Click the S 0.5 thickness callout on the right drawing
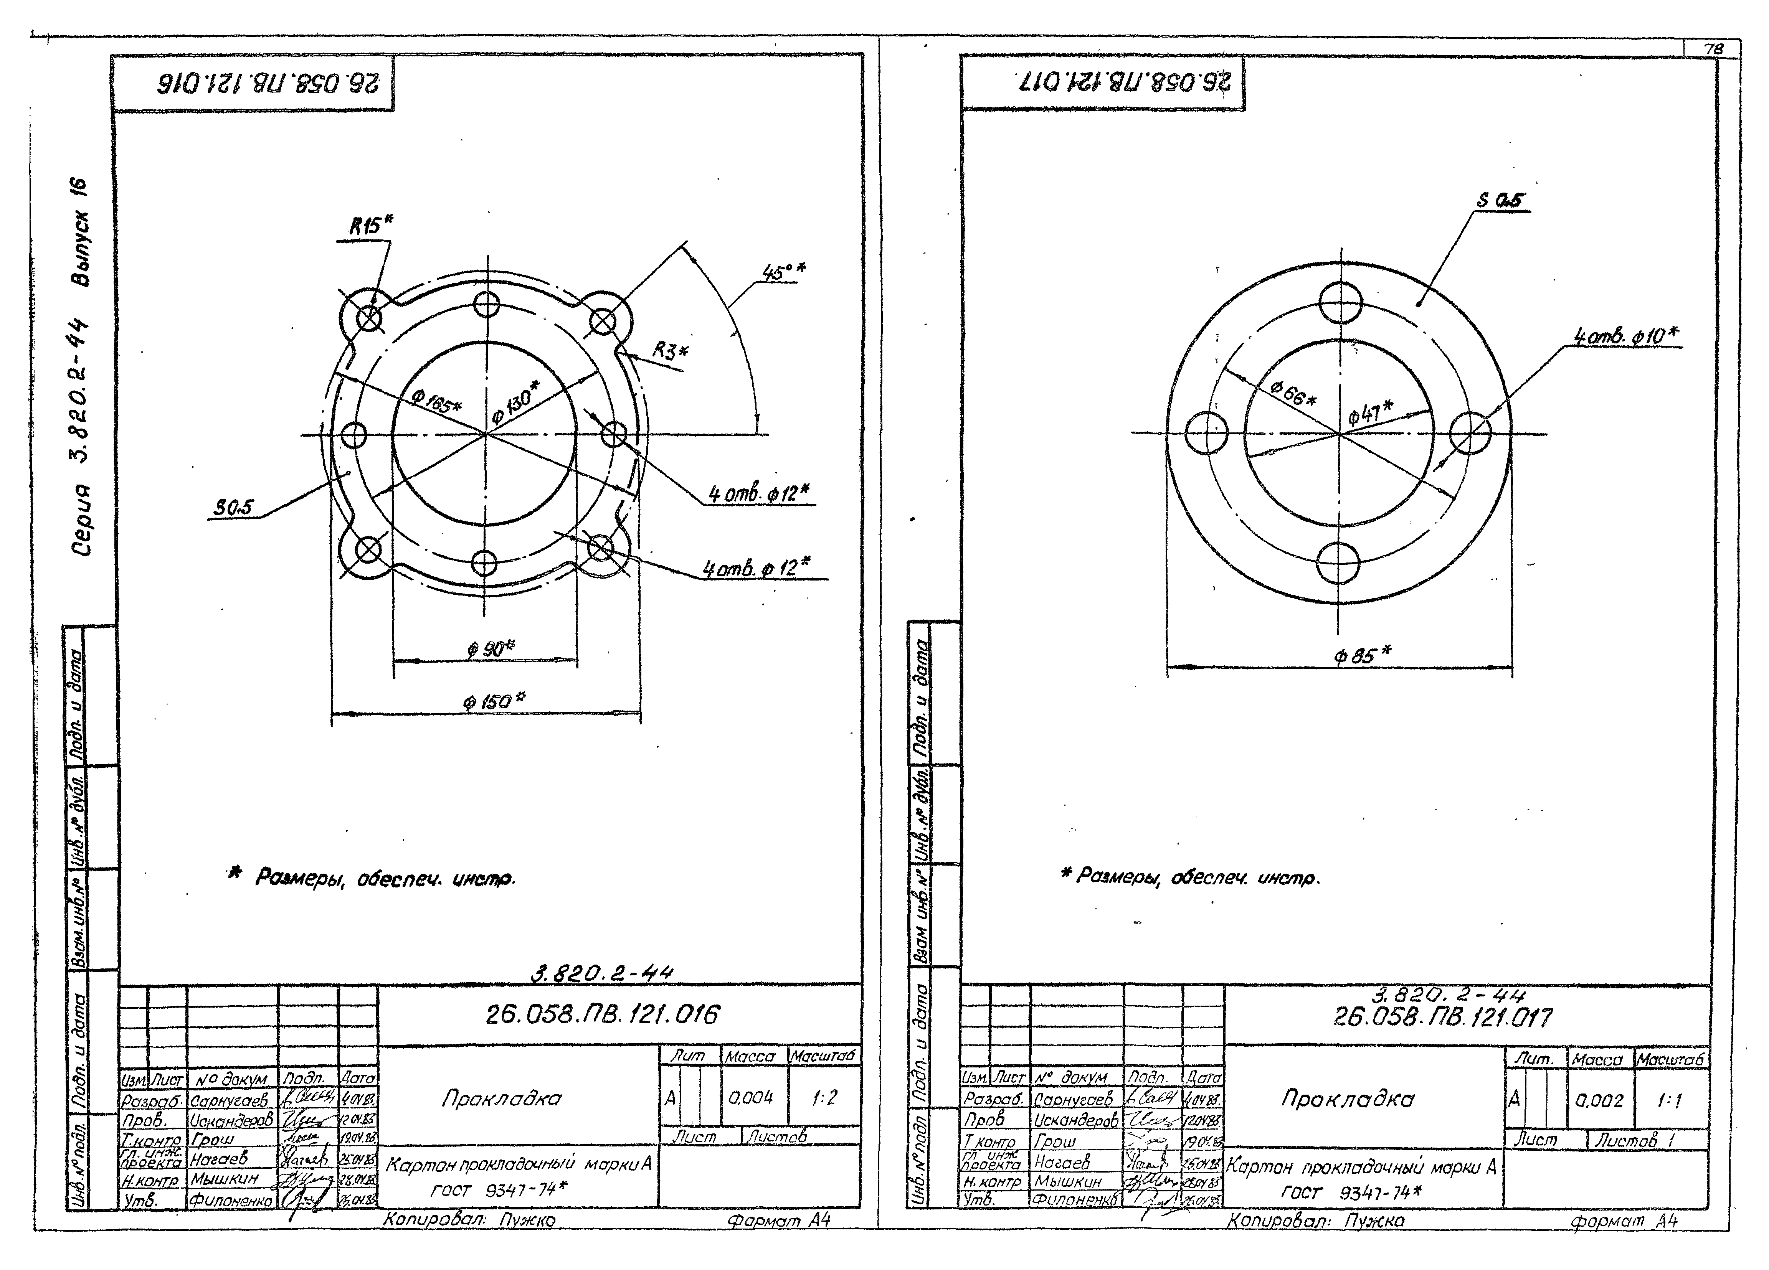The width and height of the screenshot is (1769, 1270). (x=1499, y=200)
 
